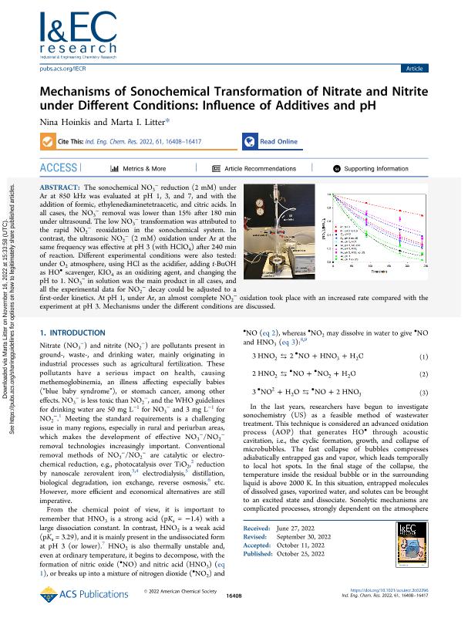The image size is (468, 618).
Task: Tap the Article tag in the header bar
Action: [x=413, y=69]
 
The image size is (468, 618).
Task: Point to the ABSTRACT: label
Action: [x=62, y=188]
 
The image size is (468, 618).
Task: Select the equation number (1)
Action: [x=423, y=379]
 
